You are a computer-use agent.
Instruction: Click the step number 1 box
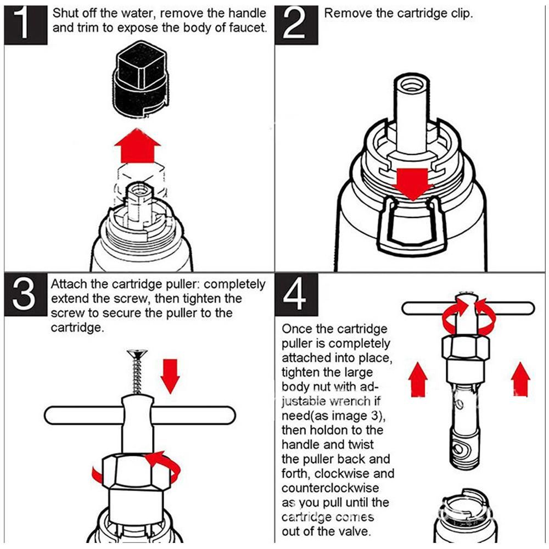[26, 25]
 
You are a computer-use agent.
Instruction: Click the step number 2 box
[296, 25]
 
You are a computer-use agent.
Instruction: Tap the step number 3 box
[26, 294]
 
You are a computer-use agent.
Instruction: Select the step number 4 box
[296, 294]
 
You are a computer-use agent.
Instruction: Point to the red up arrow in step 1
[138, 145]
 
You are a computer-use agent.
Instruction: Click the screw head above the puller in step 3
[138, 353]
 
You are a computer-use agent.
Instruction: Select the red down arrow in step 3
[170, 376]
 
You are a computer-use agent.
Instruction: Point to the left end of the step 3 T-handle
[46, 415]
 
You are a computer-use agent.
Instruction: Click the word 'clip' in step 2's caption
[460, 14]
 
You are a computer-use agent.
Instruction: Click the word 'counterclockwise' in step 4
[330, 488]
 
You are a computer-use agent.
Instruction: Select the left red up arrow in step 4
[418, 379]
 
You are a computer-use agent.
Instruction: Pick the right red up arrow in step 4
[520, 379]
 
